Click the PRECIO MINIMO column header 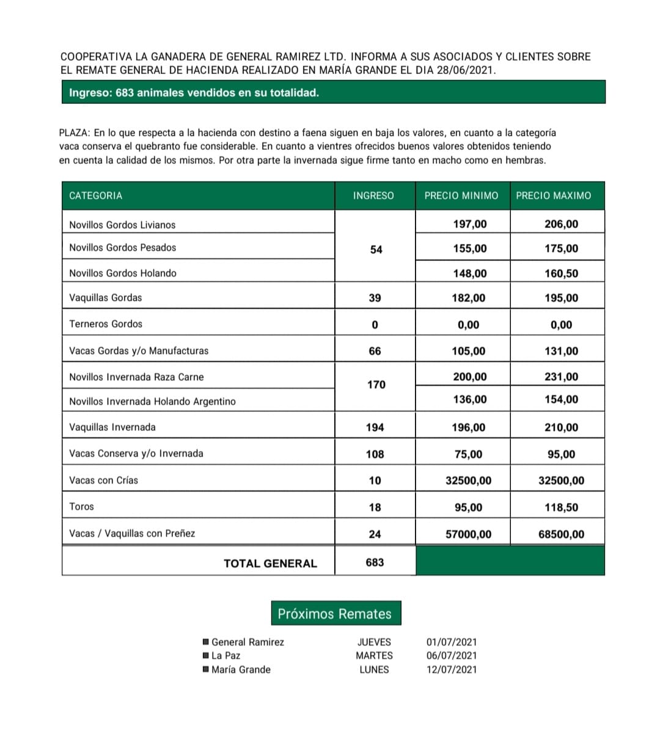click(x=461, y=195)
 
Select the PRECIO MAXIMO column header click(x=553, y=195)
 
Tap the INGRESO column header click(x=373, y=195)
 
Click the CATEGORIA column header click(x=95, y=195)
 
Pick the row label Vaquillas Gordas click(x=105, y=297)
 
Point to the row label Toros click(x=81, y=506)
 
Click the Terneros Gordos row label click(x=106, y=324)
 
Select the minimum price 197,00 click(x=469, y=224)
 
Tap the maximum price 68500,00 click(x=561, y=534)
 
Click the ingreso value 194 click(x=375, y=427)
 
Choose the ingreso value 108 click(x=375, y=454)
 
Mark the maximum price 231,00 click(x=561, y=377)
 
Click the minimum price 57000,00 click(x=468, y=534)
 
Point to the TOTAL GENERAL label click(x=270, y=564)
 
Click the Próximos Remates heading click(x=335, y=614)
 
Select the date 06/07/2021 click(x=452, y=655)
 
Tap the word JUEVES click(x=374, y=642)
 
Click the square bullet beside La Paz click(x=206, y=655)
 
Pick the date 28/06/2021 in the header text click(x=464, y=70)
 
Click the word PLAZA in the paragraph click(x=74, y=133)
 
